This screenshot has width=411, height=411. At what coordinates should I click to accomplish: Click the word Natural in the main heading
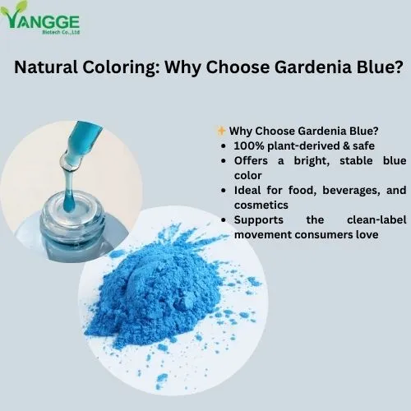tap(52, 67)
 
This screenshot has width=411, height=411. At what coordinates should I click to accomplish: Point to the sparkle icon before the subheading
tap(221, 131)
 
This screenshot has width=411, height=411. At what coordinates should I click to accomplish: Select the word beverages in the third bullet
tap(339, 190)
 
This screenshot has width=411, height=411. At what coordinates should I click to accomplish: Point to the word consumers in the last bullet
tap(325, 234)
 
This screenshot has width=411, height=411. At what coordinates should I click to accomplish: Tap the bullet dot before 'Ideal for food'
tap(224, 190)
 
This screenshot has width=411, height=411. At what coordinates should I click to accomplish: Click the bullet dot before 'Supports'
tap(224, 219)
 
